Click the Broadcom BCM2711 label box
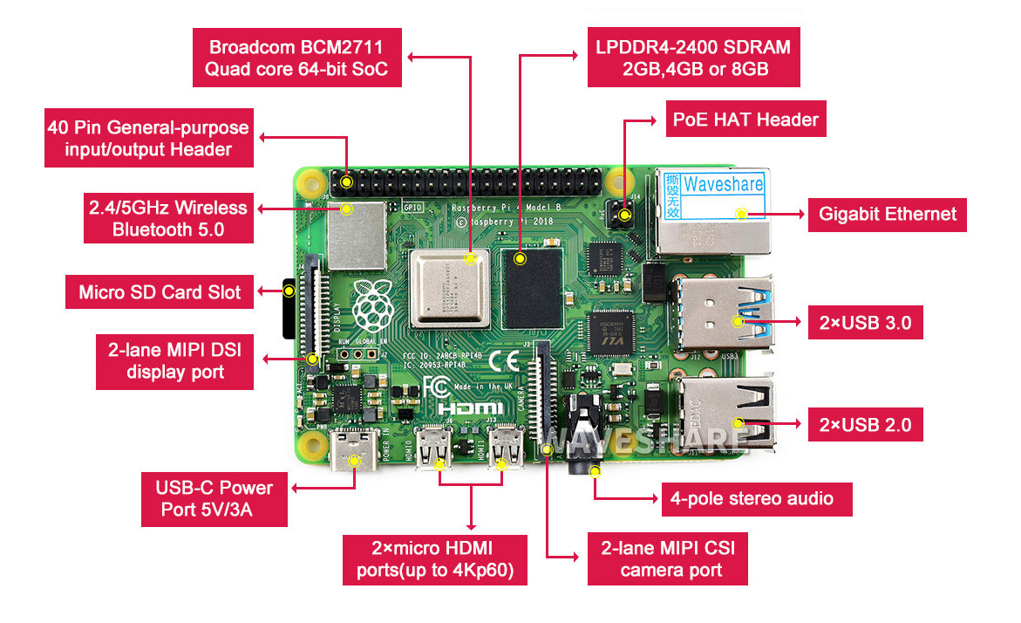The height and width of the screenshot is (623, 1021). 296,57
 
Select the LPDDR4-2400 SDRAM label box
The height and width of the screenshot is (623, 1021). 693,57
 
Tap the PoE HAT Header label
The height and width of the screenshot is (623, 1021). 745,120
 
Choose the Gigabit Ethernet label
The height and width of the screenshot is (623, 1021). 888,214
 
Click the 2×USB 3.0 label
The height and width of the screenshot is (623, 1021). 865,322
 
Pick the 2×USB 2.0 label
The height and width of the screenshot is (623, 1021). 865,425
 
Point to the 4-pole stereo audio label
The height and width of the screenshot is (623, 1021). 756,499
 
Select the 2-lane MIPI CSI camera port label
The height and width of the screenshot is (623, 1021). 667,559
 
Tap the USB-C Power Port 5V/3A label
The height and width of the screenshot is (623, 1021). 214,498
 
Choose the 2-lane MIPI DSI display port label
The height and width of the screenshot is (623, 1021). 175,362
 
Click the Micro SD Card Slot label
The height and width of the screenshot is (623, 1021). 160,292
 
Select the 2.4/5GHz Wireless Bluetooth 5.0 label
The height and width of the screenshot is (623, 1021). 168,219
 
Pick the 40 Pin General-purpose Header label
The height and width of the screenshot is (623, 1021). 149,139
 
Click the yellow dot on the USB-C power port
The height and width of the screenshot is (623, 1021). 354,460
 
